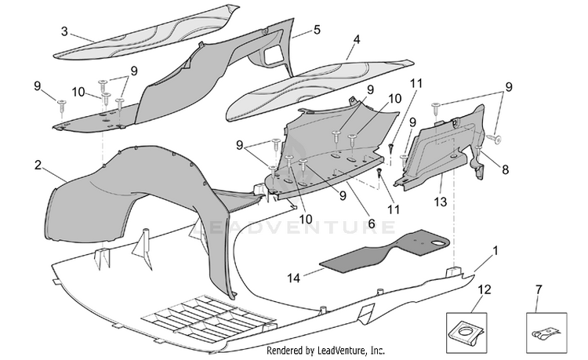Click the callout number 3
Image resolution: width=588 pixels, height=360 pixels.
[64, 31]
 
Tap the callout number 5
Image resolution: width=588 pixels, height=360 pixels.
[318, 30]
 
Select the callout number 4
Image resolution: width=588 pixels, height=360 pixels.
[357, 39]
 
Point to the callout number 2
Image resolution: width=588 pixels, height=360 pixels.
[38, 165]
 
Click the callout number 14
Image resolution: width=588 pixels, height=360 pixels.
[294, 278]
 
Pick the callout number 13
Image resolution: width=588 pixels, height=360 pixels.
[441, 202]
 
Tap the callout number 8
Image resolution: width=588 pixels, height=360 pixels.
[506, 169]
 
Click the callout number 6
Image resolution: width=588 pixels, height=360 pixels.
[372, 224]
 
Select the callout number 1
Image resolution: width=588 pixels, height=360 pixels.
[495, 250]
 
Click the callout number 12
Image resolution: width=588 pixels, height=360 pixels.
[485, 289]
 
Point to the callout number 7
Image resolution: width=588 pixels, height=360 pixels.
[539, 289]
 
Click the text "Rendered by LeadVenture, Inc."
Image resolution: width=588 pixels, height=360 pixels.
[325, 351]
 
